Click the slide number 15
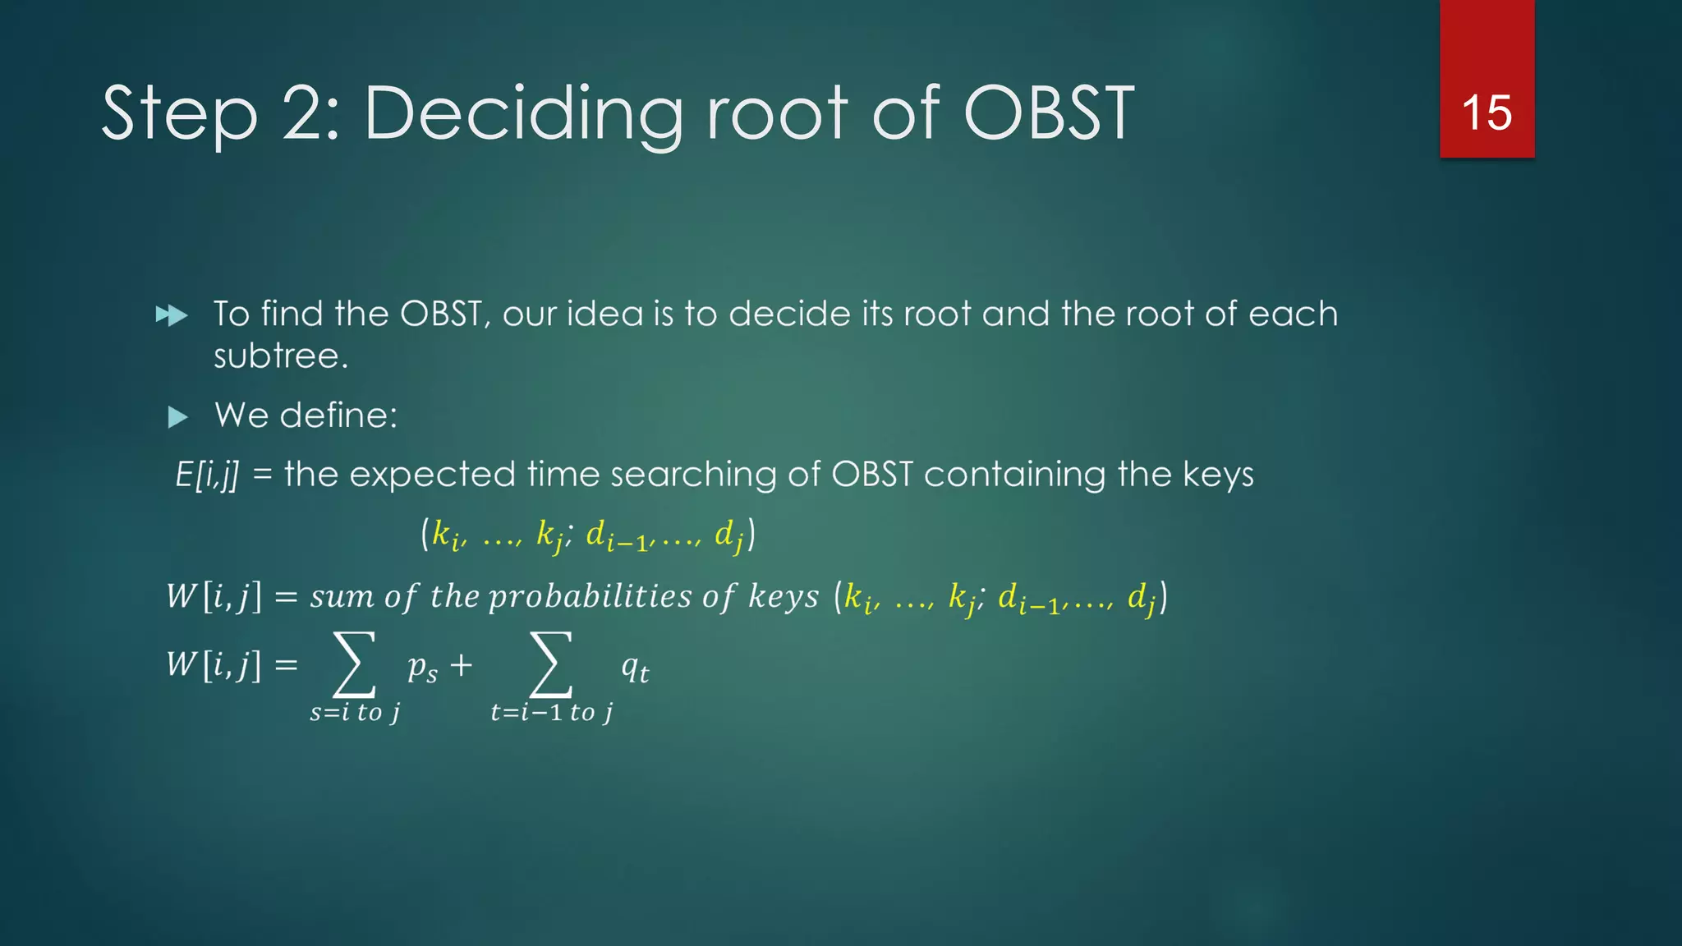(x=1487, y=113)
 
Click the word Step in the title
(x=179, y=115)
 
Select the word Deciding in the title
(x=523, y=115)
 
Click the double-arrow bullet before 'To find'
(x=172, y=315)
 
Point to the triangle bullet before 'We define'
(x=177, y=417)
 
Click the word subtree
(x=281, y=356)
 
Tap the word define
(x=338, y=416)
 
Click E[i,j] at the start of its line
(x=207, y=475)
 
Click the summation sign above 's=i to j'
(x=354, y=664)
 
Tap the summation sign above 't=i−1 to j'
(x=550, y=664)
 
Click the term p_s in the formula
(x=422, y=668)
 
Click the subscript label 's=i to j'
(x=355, y=712)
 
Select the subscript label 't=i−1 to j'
(x=551, y=712)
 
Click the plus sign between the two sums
(x=461, y=664)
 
